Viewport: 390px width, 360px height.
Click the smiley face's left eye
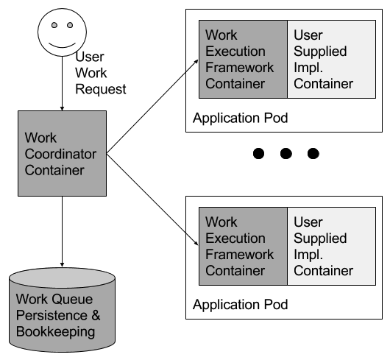point(54,25)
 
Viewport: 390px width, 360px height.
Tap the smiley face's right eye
point(70,25)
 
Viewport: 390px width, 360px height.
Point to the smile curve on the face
point(62,46)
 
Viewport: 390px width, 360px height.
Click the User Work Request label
point(101,73)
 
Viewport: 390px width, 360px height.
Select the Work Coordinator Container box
point(63,154)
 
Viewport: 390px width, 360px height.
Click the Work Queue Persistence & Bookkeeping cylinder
point(63,310)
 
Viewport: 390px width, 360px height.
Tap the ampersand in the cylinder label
point(96,316)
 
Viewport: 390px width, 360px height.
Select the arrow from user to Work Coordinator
point(63,84)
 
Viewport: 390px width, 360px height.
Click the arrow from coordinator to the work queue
point(63,232)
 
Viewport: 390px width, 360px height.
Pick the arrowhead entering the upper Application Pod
point(196,61)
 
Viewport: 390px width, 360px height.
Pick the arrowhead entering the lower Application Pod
point(196,243)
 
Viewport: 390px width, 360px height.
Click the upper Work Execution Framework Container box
point(243,59)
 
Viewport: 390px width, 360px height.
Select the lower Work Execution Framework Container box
point(243,246)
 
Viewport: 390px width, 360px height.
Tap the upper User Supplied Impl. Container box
point(332,59)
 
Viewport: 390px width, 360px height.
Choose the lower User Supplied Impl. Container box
point(332,246)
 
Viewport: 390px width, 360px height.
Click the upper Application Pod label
point(241,118)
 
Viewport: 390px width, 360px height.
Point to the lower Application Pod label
point(241,305)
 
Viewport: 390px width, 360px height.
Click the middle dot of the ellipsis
point(286,153)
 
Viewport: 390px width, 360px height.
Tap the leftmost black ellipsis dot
point(259,153)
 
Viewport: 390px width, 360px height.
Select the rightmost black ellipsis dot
point(313,153)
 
